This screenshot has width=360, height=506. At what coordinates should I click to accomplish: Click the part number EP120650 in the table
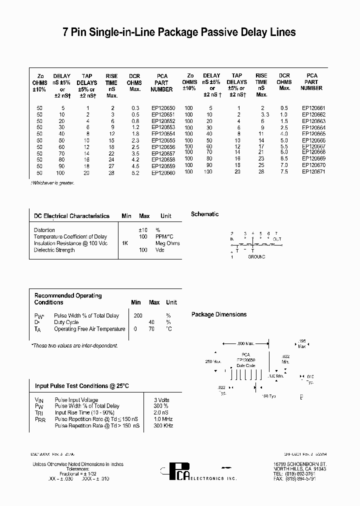(163, 108)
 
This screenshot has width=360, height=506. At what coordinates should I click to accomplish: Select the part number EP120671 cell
(314, 171)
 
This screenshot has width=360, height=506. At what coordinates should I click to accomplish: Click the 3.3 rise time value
(264, 114)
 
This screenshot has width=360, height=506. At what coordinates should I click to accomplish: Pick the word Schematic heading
(205, 214)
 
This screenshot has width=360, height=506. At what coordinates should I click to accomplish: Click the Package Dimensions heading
(219, 314)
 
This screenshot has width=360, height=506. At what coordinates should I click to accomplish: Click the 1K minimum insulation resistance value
(125, 243)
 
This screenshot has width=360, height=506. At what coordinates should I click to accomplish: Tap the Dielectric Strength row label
(54, 250)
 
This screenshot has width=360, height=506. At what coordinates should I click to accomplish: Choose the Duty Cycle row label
(67, 322)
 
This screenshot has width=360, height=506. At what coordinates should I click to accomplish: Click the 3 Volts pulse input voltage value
(162, 400)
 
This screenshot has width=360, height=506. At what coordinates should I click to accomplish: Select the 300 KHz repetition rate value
(163, 425)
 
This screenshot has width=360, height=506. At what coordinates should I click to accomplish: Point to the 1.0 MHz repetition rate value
(163, 419)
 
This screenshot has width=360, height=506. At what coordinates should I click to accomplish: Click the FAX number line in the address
(309, 478)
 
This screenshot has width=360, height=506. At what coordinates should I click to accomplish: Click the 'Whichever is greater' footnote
(53, 183)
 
